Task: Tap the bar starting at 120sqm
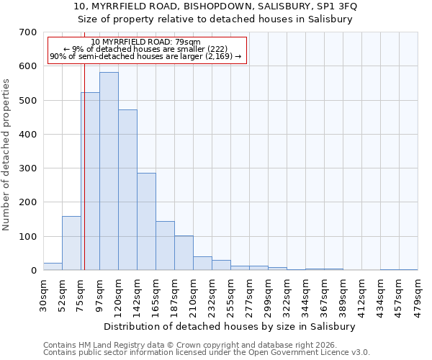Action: pos(127,190)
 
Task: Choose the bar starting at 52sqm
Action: pos(71,243)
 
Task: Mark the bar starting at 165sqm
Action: pos(165,246)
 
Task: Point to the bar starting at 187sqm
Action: pos(184,253)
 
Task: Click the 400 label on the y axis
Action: pos(28,135)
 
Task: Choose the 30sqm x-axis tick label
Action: pos(43,291)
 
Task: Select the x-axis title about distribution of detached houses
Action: pos(230,326)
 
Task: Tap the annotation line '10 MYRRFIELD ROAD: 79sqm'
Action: pos(146,42)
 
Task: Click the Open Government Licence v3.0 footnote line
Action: pos(207,353)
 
